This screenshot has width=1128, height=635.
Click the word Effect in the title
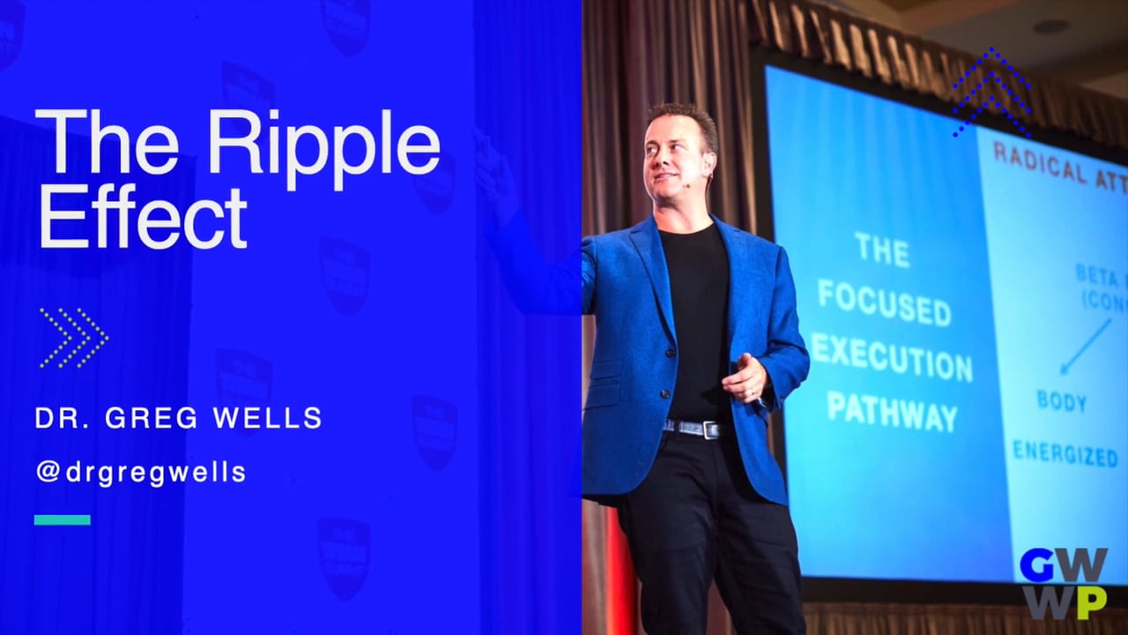[x=142, y=217]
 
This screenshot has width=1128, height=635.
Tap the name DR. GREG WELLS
[x=178, y=418]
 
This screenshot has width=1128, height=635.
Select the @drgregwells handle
[x=140, y=473]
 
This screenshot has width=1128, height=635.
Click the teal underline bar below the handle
[x=62, y=519]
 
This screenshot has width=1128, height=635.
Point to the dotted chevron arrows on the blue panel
[x=73, y=338]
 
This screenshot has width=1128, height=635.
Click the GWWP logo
[x=1063, y=584]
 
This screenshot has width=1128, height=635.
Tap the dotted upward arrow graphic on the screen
[x=991, y=92]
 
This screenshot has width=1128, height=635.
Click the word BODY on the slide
[x=1061, y=401]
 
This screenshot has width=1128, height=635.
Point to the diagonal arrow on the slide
[x=1085, y=346]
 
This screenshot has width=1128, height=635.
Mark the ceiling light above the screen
[x=1051, y=26]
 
